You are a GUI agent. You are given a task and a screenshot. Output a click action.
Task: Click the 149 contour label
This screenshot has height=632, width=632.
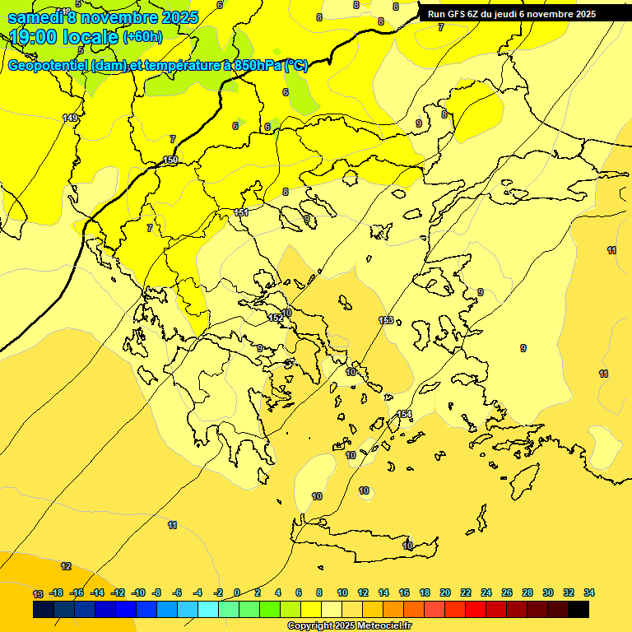71,118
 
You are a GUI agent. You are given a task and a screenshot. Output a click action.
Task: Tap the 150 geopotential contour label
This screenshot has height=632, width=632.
170,160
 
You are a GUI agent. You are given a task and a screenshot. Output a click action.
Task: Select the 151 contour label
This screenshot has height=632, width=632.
241,212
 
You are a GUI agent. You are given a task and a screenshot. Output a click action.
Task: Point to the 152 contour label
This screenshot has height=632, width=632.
276,318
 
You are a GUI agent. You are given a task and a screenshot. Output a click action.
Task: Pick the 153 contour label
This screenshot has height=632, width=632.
386,320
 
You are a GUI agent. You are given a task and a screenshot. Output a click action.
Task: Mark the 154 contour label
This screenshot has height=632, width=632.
404,414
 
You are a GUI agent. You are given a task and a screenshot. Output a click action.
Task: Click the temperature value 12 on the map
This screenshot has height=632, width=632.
66,566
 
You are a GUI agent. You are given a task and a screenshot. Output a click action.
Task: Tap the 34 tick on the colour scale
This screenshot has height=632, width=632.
589,592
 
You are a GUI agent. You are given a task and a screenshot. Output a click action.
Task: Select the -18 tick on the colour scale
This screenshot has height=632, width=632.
57,592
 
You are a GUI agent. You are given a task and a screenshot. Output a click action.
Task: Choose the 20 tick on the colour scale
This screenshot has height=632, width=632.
445,592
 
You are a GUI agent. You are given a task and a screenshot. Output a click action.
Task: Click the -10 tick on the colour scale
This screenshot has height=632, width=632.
138,592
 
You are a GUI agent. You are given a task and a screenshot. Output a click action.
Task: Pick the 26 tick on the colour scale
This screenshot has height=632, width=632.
507,592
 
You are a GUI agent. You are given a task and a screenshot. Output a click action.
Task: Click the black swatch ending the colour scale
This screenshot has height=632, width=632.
579,609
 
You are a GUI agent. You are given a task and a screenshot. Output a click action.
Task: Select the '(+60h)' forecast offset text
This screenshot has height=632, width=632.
142,37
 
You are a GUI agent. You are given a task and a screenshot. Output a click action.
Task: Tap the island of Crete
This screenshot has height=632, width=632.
362,548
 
